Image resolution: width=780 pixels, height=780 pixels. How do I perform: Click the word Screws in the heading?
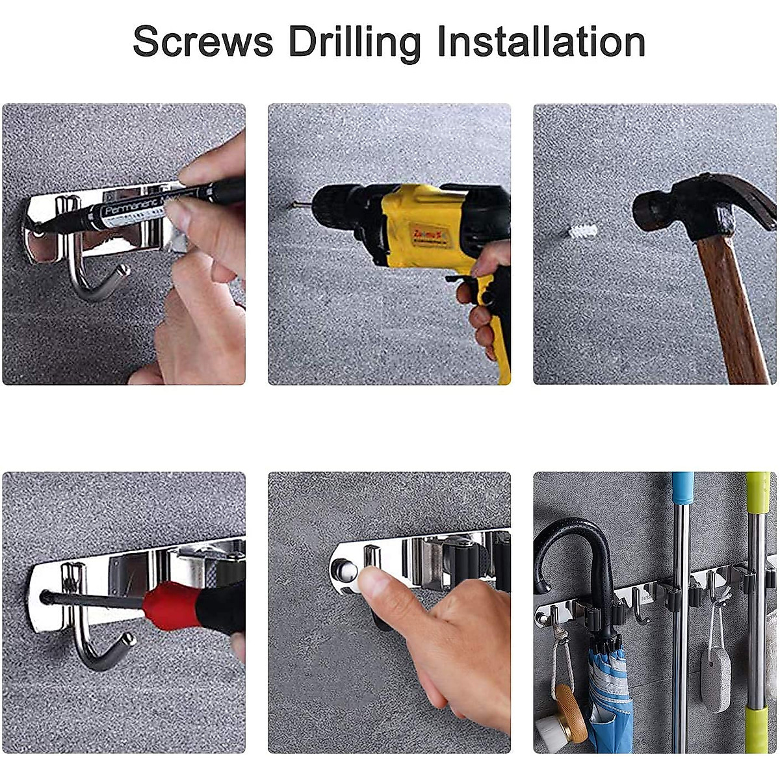(x=203, y=42)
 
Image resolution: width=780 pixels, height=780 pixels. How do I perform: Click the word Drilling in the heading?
(x=355, y=43)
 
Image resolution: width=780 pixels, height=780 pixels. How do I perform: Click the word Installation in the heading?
(x=541, y=42)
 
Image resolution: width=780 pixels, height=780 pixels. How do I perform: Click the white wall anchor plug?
(x=582, y=231)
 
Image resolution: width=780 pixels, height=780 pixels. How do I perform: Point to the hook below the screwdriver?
(x=97, y=643)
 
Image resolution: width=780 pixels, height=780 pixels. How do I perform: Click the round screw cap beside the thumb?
(x=343, y=570)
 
